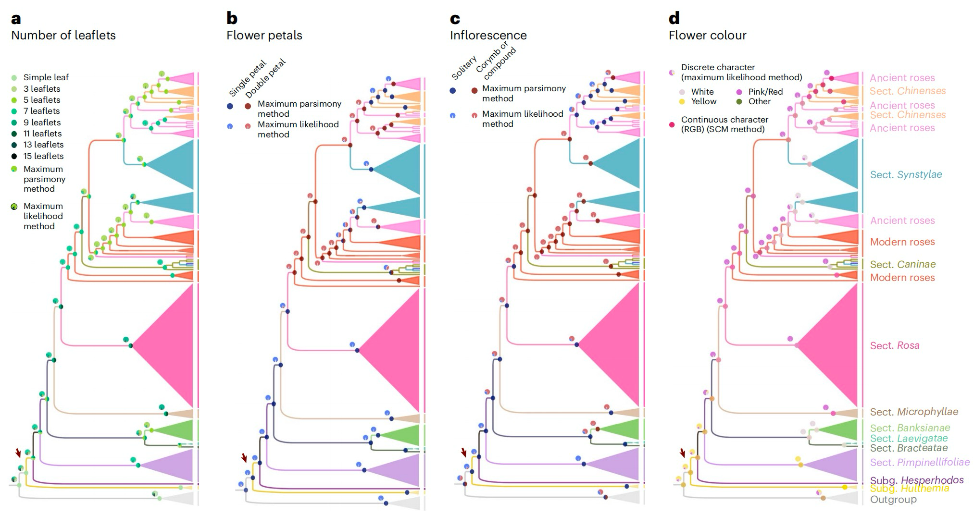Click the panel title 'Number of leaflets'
[x=63, y=35]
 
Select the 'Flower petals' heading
[x=264, y=35]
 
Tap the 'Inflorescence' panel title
[x=488, y=35]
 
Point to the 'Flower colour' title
[x=708, y=35]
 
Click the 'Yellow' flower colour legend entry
[x=698, y=101]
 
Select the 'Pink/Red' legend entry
[x=760, y=92]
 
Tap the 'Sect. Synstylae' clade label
[x=906, y=174]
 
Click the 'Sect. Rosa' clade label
[x=895, y=345]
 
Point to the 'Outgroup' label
[x=893, y=500]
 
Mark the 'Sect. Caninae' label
[x=903, y=264]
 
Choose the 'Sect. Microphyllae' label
[x=914, y=412]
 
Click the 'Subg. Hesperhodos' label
[x=917, y=480]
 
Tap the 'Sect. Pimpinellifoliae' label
[x=920, y=462]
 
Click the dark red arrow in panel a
[x=18, y=453]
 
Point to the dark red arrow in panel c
[x=464, y=452]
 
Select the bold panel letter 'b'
[x=232, y=18]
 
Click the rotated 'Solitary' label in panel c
[x=464, y=68]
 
